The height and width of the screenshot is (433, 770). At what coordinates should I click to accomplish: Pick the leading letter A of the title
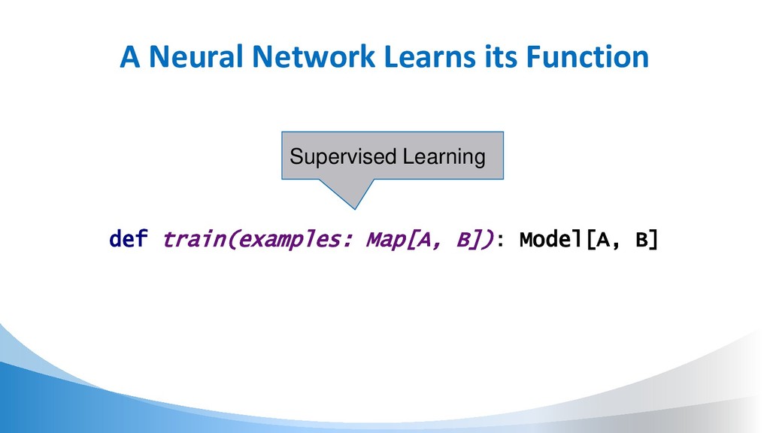pos(130,58)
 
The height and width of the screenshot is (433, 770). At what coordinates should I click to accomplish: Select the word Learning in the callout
pos(443,156)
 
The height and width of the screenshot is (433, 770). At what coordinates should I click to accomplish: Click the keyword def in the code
pos(129,241)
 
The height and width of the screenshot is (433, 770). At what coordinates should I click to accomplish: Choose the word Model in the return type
pos(551,240)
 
